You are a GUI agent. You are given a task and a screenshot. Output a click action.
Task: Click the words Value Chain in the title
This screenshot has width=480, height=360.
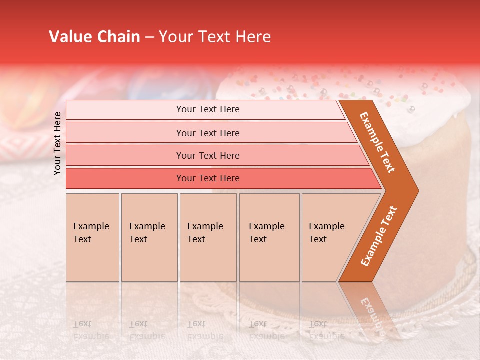pyautogui.click(x=94, y=37)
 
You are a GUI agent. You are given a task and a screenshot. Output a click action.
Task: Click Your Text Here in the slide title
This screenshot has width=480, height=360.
pyautogui.click(x=215, y=37)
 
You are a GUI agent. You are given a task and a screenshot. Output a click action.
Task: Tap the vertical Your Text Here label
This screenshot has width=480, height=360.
pyautogui.click(x=57, y=143)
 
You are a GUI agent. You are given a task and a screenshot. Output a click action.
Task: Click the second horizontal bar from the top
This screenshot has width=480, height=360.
pyautogui.click(x=208, y=133)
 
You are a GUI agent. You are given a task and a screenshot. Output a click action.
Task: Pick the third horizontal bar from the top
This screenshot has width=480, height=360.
pyautogui.click(x=208, y=156)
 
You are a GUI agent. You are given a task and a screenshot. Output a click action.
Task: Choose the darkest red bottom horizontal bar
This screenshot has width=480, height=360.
pyautogui.click(x=208, y=178)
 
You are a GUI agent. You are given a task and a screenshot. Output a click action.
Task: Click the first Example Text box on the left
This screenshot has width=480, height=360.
pyautogui.click(x=92, y=237)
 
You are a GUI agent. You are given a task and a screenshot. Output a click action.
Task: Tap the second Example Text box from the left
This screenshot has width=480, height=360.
pyautogui.click(x=149, y=237)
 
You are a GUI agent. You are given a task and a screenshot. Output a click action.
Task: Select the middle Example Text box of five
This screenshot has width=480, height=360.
pyautogui.click(x=208, y=237)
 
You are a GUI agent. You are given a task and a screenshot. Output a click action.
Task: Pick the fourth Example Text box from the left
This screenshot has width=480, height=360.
pyautogui.click(x=269, y=237)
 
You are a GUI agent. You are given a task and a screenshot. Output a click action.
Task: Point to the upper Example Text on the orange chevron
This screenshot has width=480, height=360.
pyautogui.click(x=377, y=142)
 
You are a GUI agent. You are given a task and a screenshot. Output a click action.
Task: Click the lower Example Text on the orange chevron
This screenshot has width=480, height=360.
pyautogui.click(x=379, y=236)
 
